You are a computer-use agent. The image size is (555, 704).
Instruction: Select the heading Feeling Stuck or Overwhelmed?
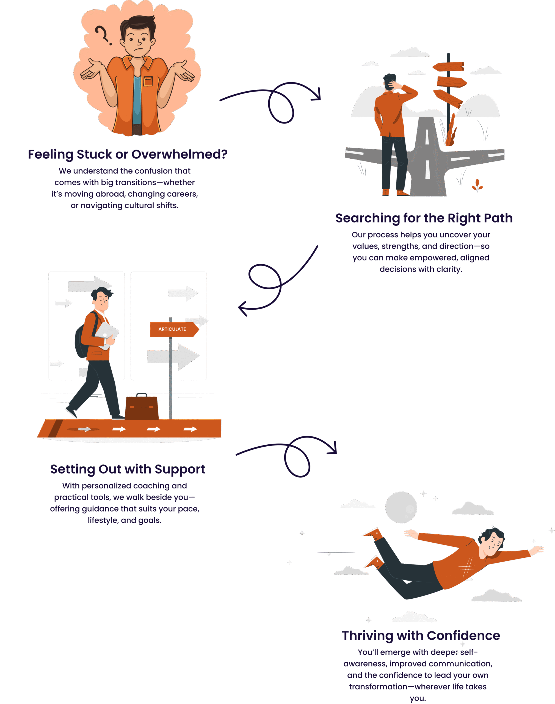tap(128, 154)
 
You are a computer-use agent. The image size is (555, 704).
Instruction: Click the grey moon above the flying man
tap(401, 507)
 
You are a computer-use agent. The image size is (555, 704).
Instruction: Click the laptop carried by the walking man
tap(107, 335)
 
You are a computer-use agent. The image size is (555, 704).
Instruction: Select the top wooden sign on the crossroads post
tap(448, 66)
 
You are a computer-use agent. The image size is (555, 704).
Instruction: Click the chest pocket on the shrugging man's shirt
tap(148, 81)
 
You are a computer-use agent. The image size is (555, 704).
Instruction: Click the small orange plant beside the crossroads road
tap(477, 186)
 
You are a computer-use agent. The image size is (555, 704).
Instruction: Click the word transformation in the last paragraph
tap(378, 686)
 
